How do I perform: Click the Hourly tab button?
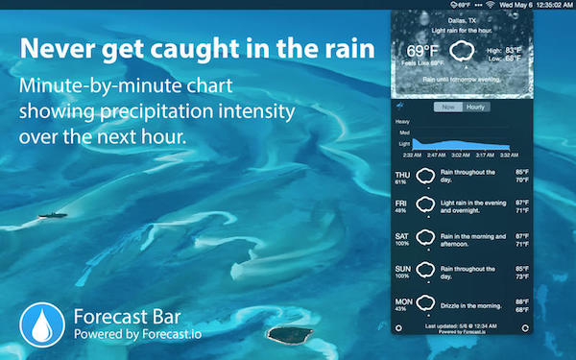[475, 107]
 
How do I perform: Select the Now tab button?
[448, 107]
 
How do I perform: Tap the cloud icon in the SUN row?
[426, 271]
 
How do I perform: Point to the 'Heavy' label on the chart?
[403, 121]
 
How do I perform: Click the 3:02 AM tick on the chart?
[462, 154]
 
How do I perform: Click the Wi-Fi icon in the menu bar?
[491, 5]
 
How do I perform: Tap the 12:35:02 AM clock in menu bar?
[552, 5]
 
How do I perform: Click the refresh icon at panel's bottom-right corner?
[523, 328]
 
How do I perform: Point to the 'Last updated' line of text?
[461, 326]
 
